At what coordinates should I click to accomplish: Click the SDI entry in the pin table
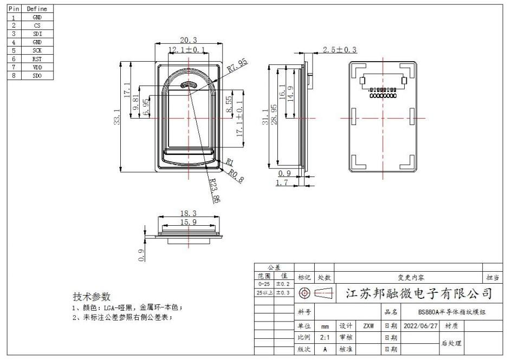(x=37, y=34)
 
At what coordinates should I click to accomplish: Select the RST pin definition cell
(x=37, y=59)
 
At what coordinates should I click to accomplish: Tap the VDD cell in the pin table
(x=37, y=67)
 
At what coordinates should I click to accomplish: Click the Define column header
(x=37, y=9)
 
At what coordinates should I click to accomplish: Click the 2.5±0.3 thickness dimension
(x=340, y=50)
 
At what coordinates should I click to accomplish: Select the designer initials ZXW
(x=368, y=327)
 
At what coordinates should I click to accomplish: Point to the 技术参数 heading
(x=92, y=297)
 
